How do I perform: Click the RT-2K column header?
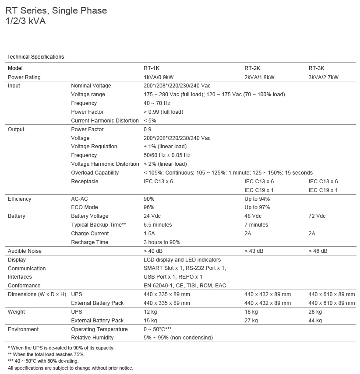252,68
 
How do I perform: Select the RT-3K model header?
316,68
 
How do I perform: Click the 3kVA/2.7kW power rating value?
324,77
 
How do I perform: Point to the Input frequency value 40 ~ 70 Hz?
157,103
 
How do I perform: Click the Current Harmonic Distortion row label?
105,121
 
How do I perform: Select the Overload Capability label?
95,173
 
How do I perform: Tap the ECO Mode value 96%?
149,207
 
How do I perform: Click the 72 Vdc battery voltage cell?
317,216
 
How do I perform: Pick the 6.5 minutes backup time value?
158,225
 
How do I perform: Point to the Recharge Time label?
89,242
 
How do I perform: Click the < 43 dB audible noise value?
254,251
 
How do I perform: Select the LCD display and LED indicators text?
182,260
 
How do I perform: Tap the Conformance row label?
24,286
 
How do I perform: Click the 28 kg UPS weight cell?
315,312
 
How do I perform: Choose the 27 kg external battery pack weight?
251,321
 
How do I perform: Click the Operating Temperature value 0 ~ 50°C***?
157,329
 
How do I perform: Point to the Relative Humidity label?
92,338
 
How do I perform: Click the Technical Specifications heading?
35,57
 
